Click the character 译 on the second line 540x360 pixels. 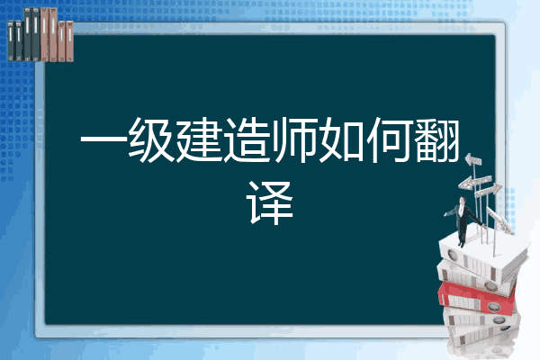[270, 203]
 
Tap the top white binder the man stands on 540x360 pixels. [477, 248]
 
